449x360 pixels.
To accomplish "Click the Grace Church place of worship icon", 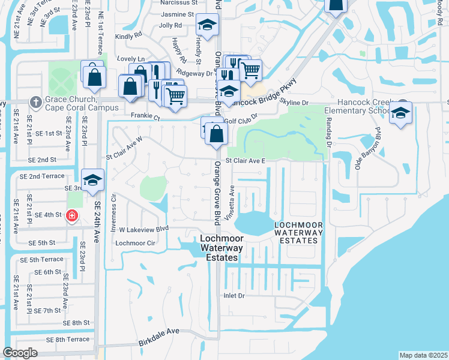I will pyautogui.click(x=35, y=102).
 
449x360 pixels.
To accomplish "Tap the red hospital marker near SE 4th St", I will pyautogui.click(x=71, y=215).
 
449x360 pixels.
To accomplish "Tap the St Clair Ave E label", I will pyautogui.click(x=245, y=161).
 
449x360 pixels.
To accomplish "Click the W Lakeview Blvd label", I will pyautogui.click(x=145, y=229).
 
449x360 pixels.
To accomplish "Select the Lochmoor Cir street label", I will pyautogui.click(x=135, y=243).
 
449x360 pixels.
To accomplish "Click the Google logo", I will pyautogui.click(x=20, y=353).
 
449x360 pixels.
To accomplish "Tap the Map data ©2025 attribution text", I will pyautogui.click(x=423, y=355).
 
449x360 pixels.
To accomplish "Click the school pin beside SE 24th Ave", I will pyautogui.click(x=92, y=179).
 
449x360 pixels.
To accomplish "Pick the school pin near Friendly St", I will pyautogui.click(x=207, y=25).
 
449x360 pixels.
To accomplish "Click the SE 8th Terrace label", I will pyautogui.click(x=64, y=340).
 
